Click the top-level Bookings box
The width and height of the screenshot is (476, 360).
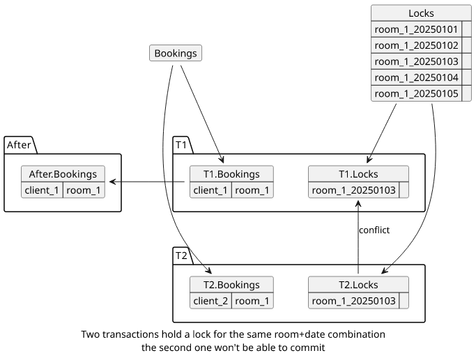pyautogui.click(x=176, y=53)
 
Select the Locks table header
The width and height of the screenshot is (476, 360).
pyautogui.click(x=421, y=13)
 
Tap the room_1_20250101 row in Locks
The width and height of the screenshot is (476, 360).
pyautogui.click(x=416, y=29)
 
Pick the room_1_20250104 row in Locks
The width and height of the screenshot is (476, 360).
pyautogui.click(x=416, y=78)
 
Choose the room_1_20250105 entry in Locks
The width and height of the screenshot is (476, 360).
pyautogui.click(x=416, y=93)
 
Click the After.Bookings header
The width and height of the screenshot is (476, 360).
pyautogui.click(x=63, y=174)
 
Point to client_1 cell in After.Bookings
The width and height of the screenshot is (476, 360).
pyautogui.click(x=42, y=190)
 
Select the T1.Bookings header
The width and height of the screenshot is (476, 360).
pyautogui.click(x=231, y=174)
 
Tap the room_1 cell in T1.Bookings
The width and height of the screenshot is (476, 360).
pyautogui.click(x=252, y=190)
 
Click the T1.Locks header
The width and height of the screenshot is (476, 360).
pyautogui.click(x=358, y=174)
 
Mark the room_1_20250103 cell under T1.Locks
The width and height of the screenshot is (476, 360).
pyautogui.click(x=353, y=190)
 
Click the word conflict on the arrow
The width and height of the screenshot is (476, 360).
pyautogui.click(x=374, y=230)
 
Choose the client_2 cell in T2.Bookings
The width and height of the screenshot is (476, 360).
pyautogui.click(x=210, y=301)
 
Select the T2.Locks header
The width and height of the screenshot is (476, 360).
pyautogui.click(x=358, y=285)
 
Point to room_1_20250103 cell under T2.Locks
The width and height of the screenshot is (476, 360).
pyautogui.click(x=353, y=301)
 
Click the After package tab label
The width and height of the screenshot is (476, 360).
pyautogui.click(x=19, y=145)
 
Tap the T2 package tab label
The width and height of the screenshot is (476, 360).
pyautogui.click(x=181, y=256)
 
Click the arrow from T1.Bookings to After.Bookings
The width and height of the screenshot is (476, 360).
pyautogui.click(x=147, y=182)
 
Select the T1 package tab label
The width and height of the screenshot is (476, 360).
pyautogui.click(x=181, y=145)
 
